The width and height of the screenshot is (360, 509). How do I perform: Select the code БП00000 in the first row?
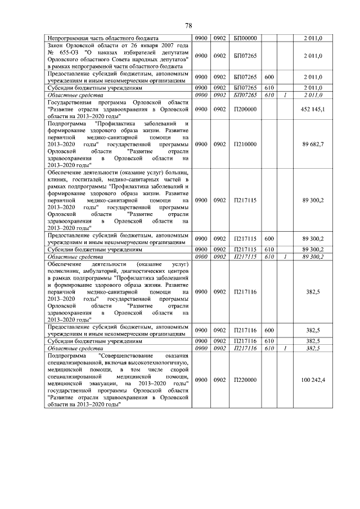click(x=245, y=38)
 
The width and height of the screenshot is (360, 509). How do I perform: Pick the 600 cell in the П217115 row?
click(x=269, y=238)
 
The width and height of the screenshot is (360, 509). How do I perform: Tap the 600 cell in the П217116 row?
click(x=269, y=331)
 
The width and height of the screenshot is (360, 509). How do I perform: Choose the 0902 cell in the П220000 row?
click(x=219, y=380)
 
